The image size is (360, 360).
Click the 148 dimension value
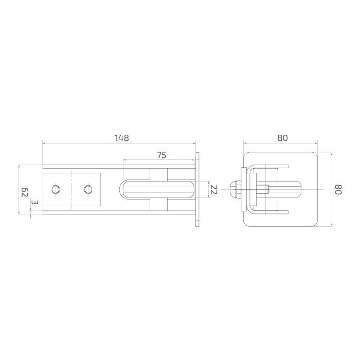pos(122,138)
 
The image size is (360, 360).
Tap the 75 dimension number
pos(161,155)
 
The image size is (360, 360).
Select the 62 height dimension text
pos(25,192)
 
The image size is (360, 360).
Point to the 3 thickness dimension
pos(35,203)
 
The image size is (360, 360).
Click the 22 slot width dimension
pos(214,190)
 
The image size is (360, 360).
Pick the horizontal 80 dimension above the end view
pos(282,138)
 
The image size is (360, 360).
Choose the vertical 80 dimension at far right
pos(338,189)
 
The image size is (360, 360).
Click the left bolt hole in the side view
pos(56,189)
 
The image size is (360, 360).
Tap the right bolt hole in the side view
pos(88,189)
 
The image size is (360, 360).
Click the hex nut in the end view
pos(235,189)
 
